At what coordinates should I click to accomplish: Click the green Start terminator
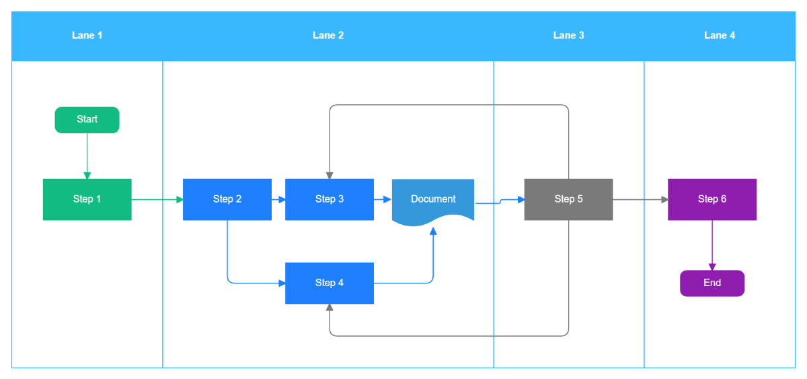tap(87, 120)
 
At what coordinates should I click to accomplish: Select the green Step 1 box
tap(87, 199)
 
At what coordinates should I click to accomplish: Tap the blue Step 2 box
tap(227, 199)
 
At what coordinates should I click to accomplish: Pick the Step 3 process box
tap(330, 199)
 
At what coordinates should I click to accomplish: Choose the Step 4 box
tap(330, 283)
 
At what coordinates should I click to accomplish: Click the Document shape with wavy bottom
tap(433, 199)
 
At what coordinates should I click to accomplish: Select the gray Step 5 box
tap(568, 199)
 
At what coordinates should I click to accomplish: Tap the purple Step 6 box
tap(712, 199)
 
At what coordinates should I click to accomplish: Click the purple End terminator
tap(712, 283)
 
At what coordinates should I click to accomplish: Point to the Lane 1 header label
tap(87, 36)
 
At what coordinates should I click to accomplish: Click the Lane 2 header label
tap(328, 36)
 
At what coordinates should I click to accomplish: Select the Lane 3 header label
tap(568, 36)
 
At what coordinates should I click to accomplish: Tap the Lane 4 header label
tap(720, 36)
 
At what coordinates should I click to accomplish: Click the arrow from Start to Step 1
tap(87, 156)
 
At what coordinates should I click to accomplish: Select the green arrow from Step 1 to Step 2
tap(157, 199)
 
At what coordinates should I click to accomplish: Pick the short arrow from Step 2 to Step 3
tap(278, 199)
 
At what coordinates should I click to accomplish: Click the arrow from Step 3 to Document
tap(383, 199)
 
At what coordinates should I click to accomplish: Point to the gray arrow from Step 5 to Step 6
tap(640, 199)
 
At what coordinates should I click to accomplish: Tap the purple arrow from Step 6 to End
tap(712, 245)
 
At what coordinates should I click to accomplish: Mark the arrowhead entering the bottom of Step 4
tap(330, 308)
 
